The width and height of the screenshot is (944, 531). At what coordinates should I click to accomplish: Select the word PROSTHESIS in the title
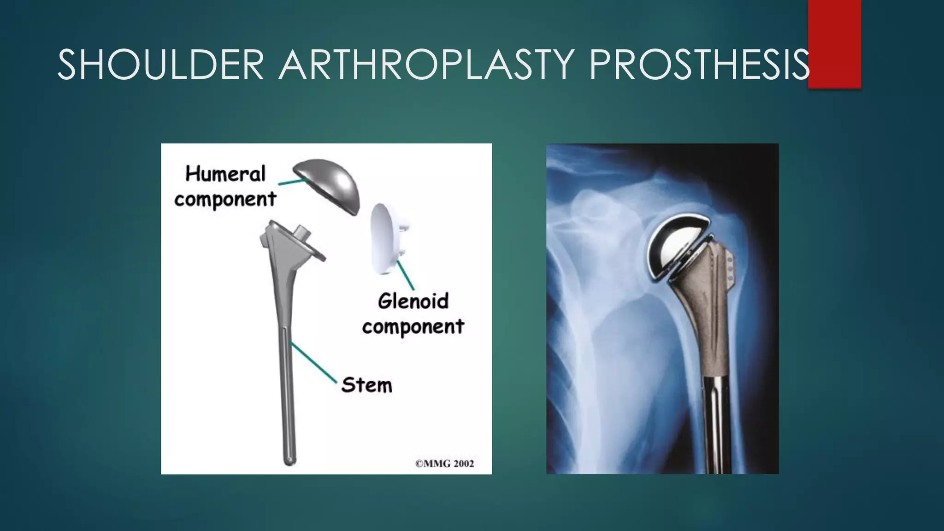coord(698,65)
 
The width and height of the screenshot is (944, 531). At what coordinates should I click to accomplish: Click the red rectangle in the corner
coord(834,44)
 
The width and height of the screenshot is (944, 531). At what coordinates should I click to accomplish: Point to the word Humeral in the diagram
coord(225,174)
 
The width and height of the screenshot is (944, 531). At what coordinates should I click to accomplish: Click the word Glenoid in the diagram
coord(413,301)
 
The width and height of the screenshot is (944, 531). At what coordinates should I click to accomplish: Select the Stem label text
coord(366,385)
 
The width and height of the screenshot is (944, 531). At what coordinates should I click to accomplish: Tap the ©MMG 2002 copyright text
coord(444,463)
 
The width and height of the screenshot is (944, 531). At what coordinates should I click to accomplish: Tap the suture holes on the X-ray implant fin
coord(730,269)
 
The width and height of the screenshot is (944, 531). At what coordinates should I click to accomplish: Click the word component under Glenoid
coord(413,327)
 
